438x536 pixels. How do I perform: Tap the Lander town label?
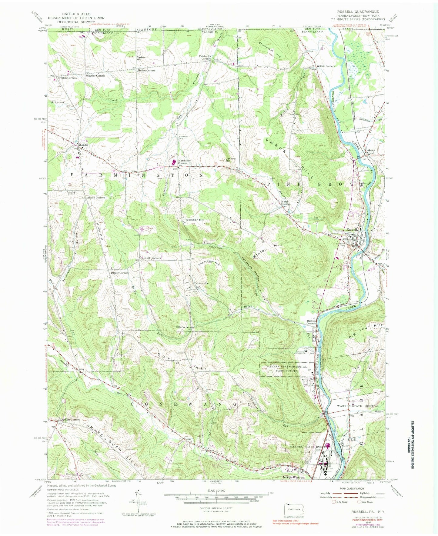(x=84, y=145)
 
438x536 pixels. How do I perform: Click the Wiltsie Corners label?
(x=326, y=66)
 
